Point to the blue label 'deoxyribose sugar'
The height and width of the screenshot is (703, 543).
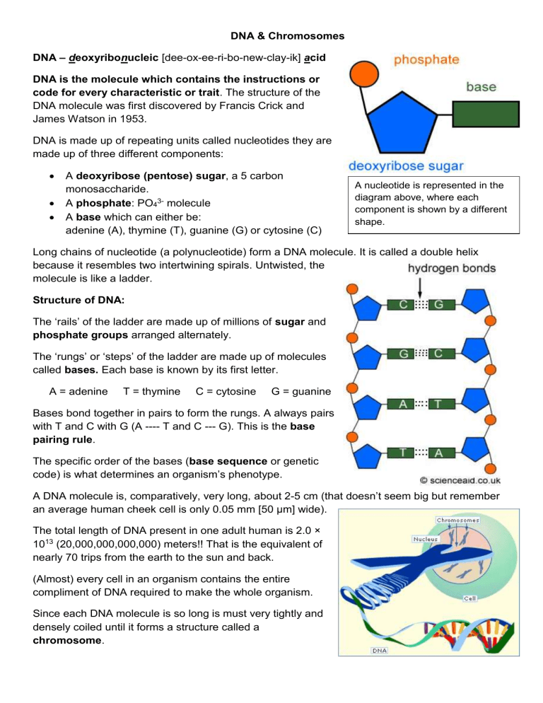coord(407,166)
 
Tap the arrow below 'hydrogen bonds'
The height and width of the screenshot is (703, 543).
coord(420,288)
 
